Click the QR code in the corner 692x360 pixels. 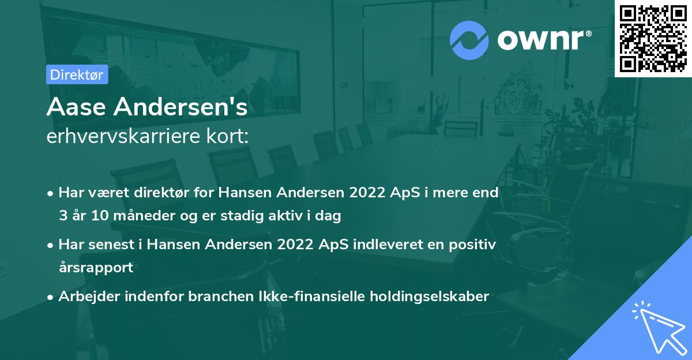pyautogui.click(x=653, y=38)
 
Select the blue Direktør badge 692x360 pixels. pyautogui.click(x=77, y=74)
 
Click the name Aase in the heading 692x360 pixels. pyautogui.click(x=76, y=107)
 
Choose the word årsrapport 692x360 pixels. pyautogui.click(x=96, y=268)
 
